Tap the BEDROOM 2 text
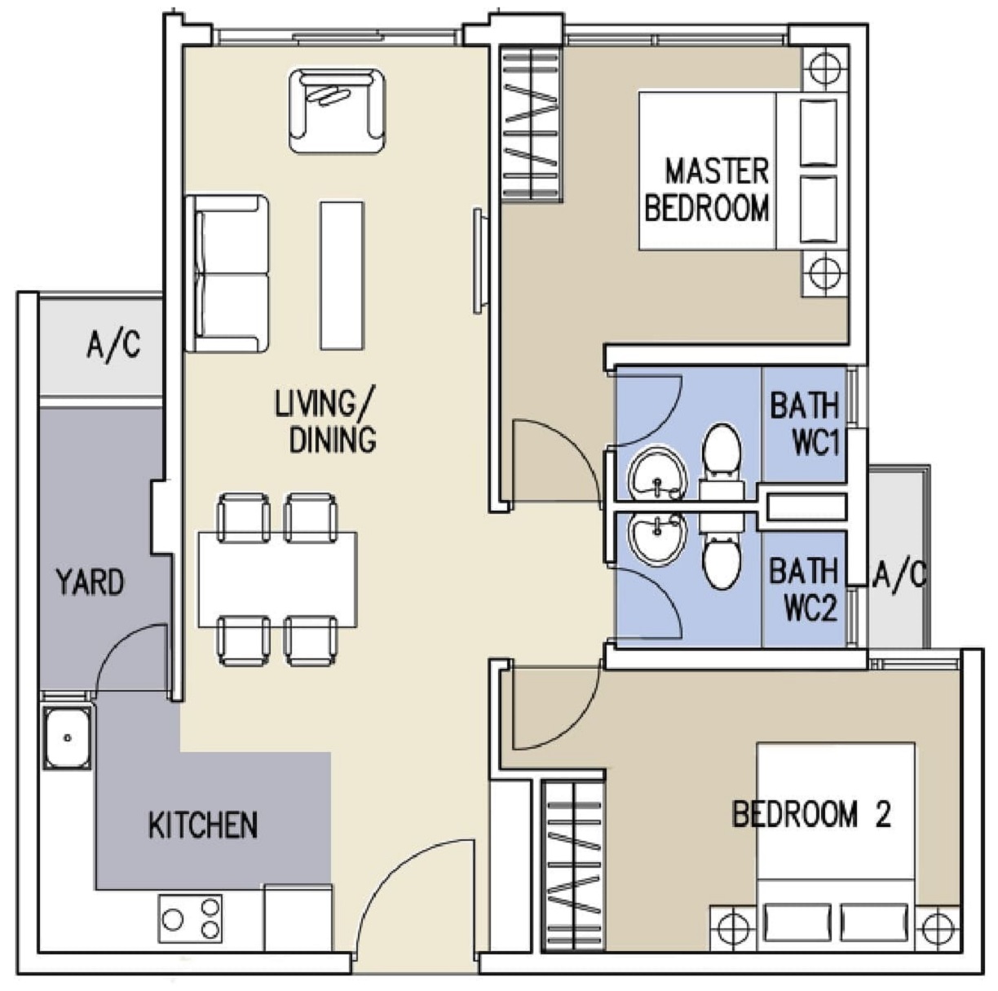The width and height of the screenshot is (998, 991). (811, 814)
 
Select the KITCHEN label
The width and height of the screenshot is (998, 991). (202, 825)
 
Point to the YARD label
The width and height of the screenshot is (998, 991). (91, 582)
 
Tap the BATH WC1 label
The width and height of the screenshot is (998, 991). (804, 424)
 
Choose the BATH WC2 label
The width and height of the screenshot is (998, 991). (803, 590)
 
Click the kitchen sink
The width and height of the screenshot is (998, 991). (67, 737)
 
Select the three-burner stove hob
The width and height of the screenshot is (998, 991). (190, 920)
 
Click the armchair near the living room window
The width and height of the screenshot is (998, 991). (338, 111)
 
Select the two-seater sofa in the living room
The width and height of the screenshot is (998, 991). (227, 274)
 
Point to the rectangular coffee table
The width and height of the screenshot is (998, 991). (342, 275)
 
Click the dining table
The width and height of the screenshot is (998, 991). (277, 579)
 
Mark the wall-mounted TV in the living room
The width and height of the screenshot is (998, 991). (480, 261)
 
